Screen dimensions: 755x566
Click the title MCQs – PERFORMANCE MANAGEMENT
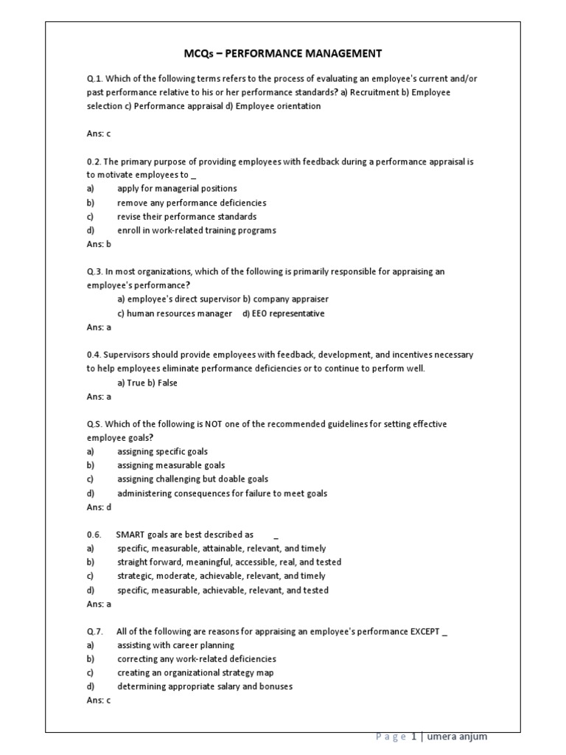tap(282, 53)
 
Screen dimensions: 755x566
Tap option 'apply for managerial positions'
tap(177, 189)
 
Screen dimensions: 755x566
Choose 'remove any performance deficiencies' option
tap(192, 203)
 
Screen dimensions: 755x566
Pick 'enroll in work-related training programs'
tap(197, 230)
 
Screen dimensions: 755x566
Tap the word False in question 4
tap(167, 383)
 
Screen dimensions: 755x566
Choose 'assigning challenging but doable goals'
tap(192, 479)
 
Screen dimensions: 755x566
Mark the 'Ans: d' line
tap(98, 507)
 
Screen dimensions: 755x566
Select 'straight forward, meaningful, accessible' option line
tap(228, 562)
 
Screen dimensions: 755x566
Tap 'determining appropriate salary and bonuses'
tap(205, 686)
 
